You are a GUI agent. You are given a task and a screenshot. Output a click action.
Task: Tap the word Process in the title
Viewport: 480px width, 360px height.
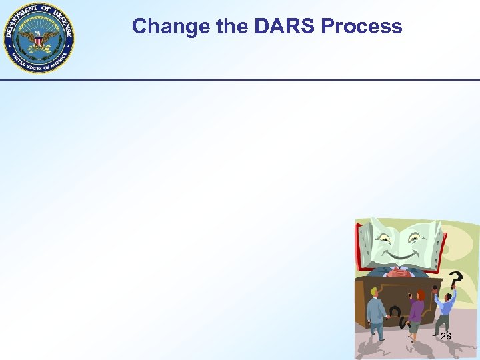pos(361,26)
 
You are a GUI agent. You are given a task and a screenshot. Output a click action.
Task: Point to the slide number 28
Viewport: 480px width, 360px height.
pos(445,336)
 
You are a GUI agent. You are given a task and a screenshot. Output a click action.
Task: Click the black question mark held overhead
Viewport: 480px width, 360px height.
pos(455,278)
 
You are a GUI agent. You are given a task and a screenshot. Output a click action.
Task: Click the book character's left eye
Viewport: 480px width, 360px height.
pos(385,235)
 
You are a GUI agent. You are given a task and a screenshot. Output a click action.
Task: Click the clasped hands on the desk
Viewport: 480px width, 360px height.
pos(400,272)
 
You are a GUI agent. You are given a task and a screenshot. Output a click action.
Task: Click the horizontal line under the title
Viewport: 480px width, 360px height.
pos(240,80)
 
